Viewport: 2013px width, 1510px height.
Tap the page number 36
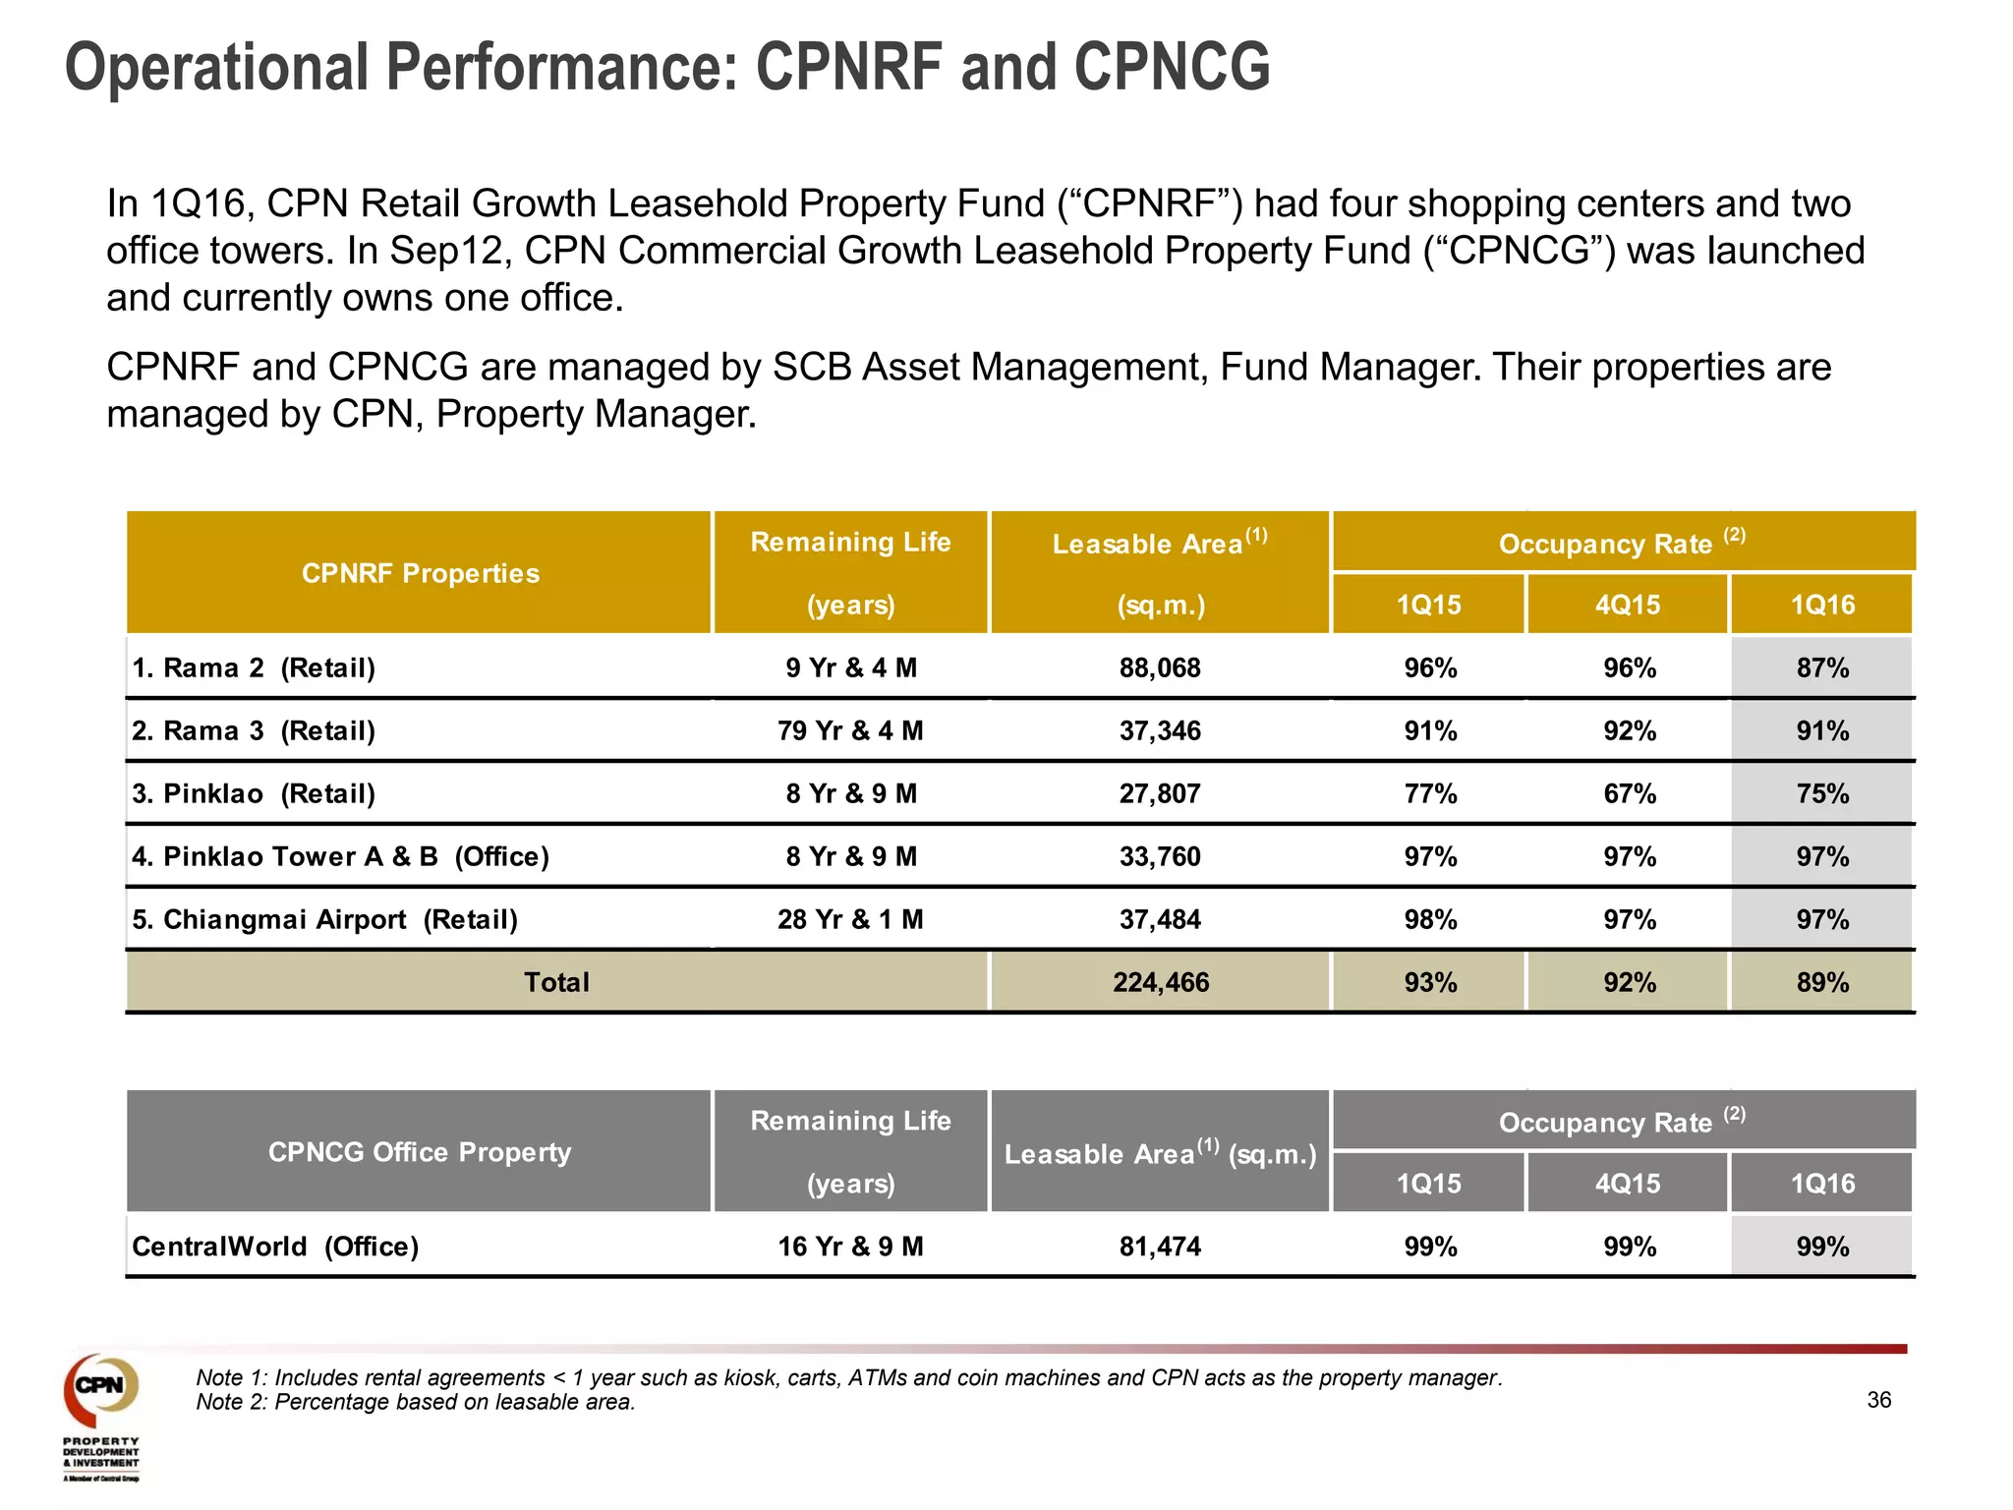coord(1878,1400)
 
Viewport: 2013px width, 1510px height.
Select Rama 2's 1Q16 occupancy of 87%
coord(1821,668)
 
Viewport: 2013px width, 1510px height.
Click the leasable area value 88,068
coord(1160,668)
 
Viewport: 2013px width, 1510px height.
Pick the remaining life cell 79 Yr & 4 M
coord(850,731)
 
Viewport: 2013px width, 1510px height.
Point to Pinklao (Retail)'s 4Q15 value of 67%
coord(1629,794)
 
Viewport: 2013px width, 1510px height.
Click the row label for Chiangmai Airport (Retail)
coord(324,920)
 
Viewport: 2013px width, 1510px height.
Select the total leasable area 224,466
coord(1160,983)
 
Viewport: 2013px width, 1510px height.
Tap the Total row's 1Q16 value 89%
coord(1821,983)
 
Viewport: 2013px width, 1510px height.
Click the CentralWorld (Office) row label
coord(275,1247)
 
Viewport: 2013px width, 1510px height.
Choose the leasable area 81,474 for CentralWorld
coord(1160,1247)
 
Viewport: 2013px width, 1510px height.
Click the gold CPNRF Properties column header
coord(420,573)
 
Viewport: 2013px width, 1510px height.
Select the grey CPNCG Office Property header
coord(420,1152)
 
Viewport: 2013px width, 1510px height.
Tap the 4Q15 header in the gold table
coord(1627,605)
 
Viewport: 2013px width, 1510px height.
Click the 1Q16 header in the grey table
coord(1821,1184)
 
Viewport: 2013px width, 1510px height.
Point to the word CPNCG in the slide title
coord(1171,67)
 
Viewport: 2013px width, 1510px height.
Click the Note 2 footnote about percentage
coord(415,1402)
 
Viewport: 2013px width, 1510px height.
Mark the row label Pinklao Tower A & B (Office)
coord(340,857)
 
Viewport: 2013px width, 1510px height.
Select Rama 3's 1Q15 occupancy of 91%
coord(1430,731)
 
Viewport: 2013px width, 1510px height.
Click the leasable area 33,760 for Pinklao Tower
coord(1160,857)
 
